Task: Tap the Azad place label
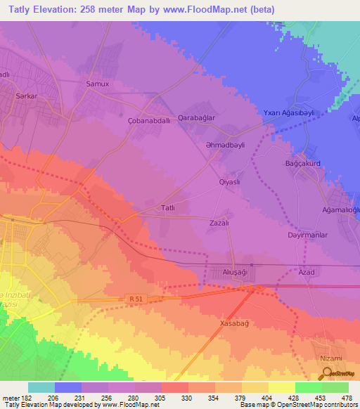305,271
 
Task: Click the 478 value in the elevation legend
346,397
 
